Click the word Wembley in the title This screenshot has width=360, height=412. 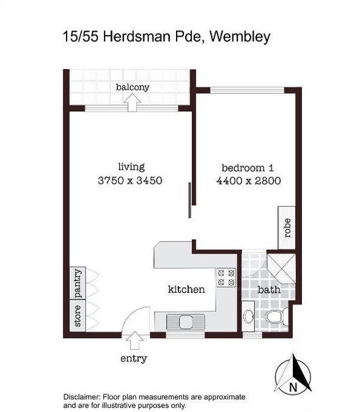pyautogui.click(x=240, y=37)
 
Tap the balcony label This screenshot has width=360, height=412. pyautogui.click(x=133, y=87)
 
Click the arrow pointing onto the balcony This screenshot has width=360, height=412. pyautogui.click(x=133, y=103)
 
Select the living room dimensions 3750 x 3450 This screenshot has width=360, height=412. pyautogui.click(x=130, y=180)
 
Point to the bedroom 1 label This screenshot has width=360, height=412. pyautogui.click(x=248, y=167)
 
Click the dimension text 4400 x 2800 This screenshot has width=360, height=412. pyautogui.click(x=249, y=181)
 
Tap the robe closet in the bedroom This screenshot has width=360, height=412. pyautogui.click(x=287, y=228)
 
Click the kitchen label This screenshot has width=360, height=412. pyautogui.click(x=186, y=290)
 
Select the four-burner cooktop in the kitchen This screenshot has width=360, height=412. pyautogui.click(x=226, y=278)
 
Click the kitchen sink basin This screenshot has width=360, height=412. pyautogui.click(x=186, y=322)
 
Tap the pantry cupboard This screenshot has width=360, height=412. pyautogui.click(x=78, y=283)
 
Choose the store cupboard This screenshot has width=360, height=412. pyautogui.click(x=78, y=316)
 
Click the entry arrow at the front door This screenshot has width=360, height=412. pyautogui.click(x=134, y=340)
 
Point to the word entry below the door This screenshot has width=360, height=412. pyautogui.click(x=133, y=359)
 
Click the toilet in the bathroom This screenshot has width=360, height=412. pyautogui.click(x=276, y=316)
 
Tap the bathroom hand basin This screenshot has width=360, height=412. pyautogui.click(x=248, y=316)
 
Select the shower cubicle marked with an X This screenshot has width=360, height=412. pyautogui.click(x=281, y=268)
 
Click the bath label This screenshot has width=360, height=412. pyautogui.click(x=269, y=290)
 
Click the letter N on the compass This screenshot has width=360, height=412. pyautogui.click(x=293, y=387)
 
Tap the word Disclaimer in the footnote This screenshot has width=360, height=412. pyautogui.click(x=82, y=397)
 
